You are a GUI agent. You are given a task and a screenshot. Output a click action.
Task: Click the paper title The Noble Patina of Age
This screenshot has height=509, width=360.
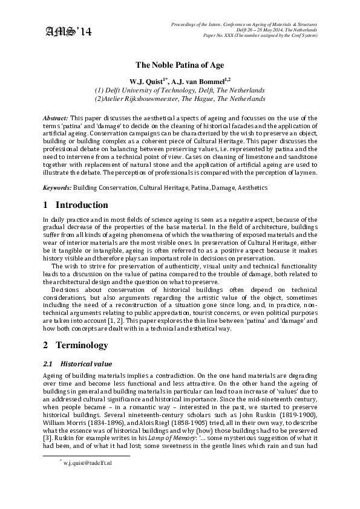[180, 64]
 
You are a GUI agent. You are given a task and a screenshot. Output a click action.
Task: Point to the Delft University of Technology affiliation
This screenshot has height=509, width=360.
[180, 89]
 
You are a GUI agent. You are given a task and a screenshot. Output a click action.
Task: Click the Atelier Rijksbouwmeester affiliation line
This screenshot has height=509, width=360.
[180, 98]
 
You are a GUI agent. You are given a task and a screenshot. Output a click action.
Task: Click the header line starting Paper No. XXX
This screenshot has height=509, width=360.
[261, 36]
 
